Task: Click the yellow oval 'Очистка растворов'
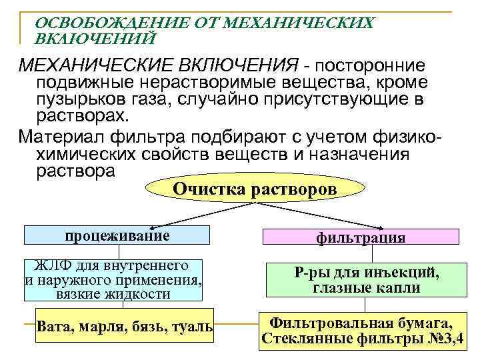pyautogui.click(x=255, y=189)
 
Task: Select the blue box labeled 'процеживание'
pyautogui.click(x=117, y=235)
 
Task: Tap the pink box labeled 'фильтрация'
pyautogui.click(x=361, y=237)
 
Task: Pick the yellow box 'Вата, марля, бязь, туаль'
pyautogui.click(x=125, y=326)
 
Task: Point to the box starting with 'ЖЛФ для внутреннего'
pyautogui.click(x=113, y=279)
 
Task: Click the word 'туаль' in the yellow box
pyautogui.click(x=193, y=326)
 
